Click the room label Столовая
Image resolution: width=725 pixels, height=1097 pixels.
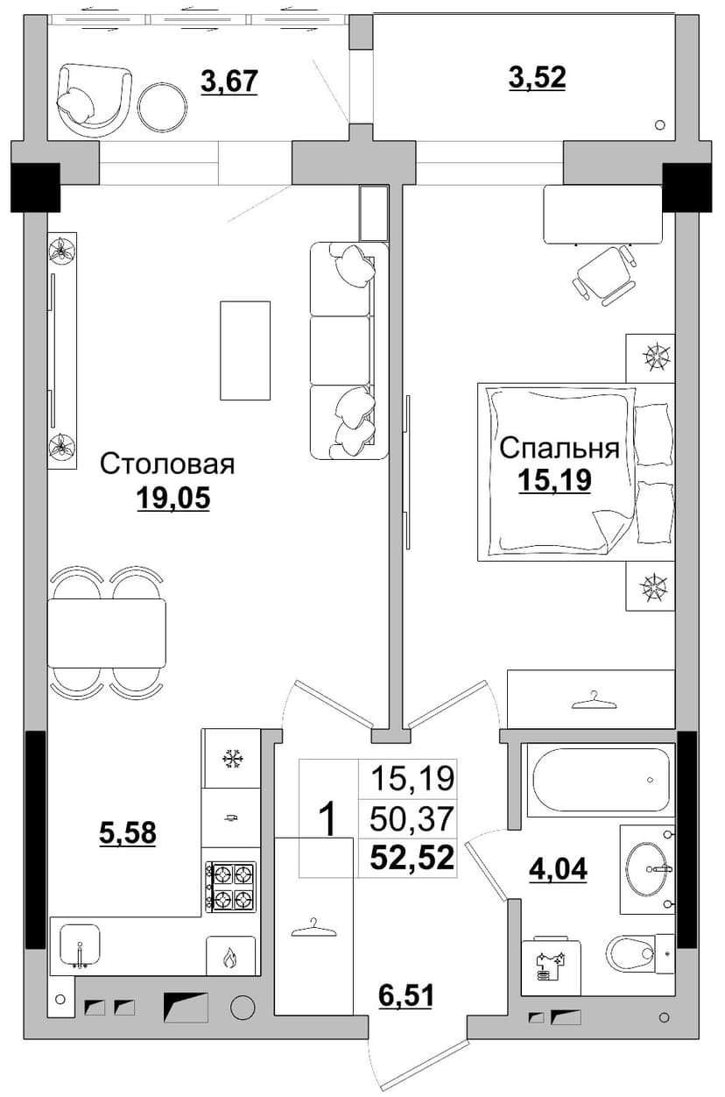click(x=167, y=464)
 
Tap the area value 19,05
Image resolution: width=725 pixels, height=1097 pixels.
click(x=173, y=498)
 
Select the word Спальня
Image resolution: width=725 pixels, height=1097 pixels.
click(x=560, y=449)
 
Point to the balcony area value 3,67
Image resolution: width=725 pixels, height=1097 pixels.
click(x=229, y=81)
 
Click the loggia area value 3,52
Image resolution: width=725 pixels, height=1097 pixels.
click(x=538, y=77)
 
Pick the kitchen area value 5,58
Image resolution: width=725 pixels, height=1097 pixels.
click(x=128, y=832)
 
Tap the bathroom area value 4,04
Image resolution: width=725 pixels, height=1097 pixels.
click(x=559, y=869)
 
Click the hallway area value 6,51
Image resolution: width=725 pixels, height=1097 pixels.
click(x=405, y=995)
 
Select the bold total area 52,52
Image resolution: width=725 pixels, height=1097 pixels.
click(x=412, y=857)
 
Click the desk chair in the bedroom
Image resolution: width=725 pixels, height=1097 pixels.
click(x=605, y=276)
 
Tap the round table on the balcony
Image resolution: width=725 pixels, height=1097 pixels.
click(x=162, y=106)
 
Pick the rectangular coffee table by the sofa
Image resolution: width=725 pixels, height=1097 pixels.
click(x=245, y=350)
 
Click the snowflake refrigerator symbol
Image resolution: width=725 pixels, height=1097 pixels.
click(x=230, y=759)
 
